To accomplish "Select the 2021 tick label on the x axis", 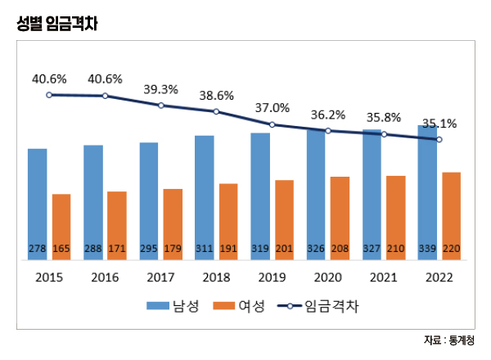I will tap(383, 277).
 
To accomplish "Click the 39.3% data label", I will tap(160, 89).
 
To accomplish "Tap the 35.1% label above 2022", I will tap(439, 124).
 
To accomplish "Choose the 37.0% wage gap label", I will tap(273, 108).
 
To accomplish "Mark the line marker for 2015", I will tap(49, 95).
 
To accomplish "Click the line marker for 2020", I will tap(327, 131).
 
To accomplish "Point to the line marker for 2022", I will tap(439, 140).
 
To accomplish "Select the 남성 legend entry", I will tap(170, 306).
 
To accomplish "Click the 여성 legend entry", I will tap(238, 306).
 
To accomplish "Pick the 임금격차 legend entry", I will tap(318, 306).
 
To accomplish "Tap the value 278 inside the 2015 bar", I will tap(38, 248).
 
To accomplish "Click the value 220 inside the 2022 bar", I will tap(452, 248).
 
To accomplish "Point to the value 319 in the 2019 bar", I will tap(260, 248).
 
